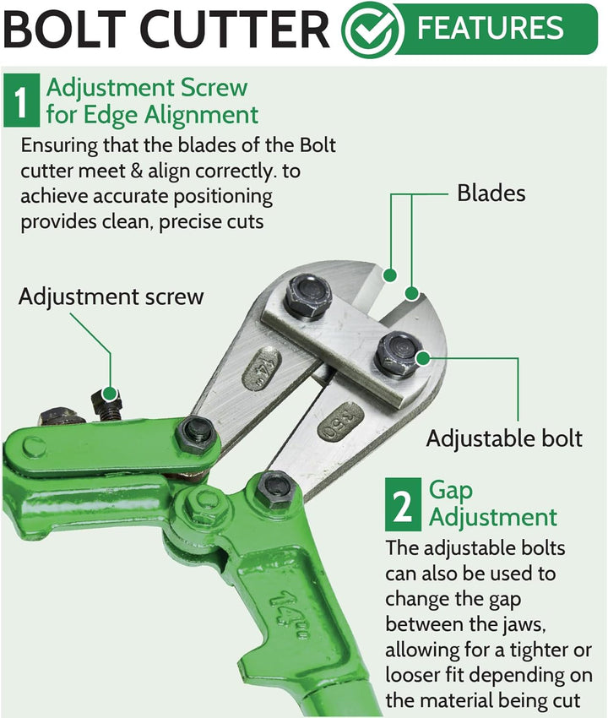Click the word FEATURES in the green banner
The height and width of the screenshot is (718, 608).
[491, 28]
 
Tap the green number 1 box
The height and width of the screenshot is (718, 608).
[21, 101]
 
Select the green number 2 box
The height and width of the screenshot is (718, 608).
[403, 504]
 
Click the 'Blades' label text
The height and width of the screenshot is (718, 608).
[491, 193]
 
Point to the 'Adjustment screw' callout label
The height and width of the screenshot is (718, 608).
[111, 296]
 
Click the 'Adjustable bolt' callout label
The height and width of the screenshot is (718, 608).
[504, 438]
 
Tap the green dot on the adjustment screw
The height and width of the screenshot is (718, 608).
[110, 394]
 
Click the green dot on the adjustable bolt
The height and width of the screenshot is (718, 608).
[424, 358]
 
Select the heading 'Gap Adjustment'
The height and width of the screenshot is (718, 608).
[493, 504]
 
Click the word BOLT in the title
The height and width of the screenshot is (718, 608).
[64, 29]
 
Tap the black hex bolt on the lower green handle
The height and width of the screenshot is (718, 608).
[275, 490]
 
